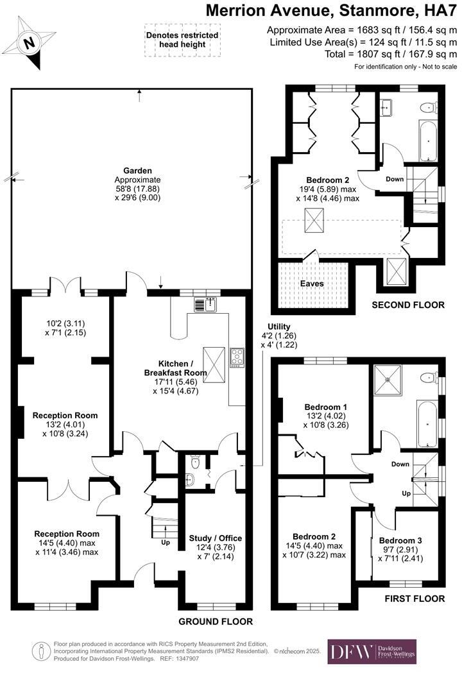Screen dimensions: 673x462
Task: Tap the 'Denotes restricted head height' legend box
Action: (182, 39)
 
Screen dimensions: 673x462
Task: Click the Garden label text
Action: (137, 171)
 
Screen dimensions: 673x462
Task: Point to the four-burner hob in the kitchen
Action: (237, 356)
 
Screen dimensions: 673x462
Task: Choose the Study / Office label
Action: (215, 538)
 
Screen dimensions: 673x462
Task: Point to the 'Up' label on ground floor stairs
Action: (166, 543)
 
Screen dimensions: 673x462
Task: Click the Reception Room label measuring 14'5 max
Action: (67, 533)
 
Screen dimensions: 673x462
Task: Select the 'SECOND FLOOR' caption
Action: (408, 305)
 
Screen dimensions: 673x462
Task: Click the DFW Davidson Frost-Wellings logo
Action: (372, 652)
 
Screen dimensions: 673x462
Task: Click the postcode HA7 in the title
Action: (442, 11)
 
